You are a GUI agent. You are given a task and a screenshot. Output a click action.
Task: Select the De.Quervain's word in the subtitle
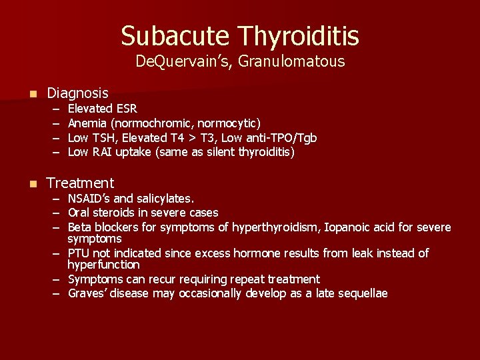177,62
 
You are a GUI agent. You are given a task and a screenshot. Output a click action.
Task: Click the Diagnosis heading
77,93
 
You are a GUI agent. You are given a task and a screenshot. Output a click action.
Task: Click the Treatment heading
80,183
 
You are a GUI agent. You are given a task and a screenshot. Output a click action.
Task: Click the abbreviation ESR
126,108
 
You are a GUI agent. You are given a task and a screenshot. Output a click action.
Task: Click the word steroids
114,213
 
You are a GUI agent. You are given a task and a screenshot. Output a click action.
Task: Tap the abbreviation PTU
79,253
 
